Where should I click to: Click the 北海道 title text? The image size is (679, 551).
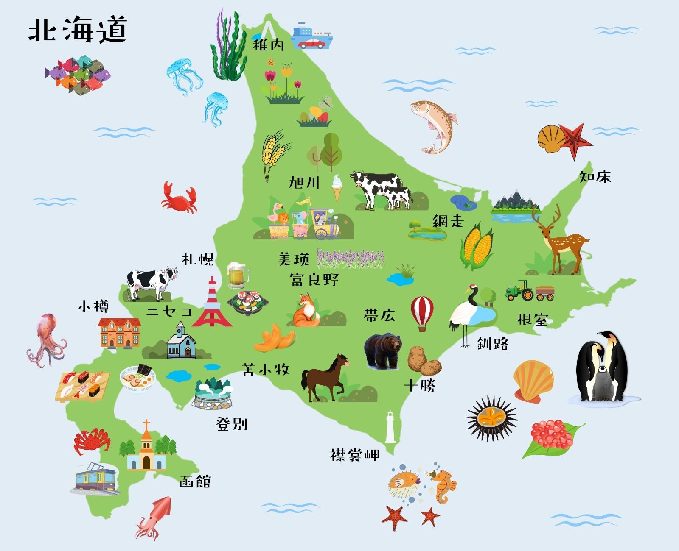(78, 30)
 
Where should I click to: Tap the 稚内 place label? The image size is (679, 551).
(268, 45)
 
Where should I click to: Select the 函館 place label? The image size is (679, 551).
(195, 481)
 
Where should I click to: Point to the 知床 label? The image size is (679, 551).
(595, 176)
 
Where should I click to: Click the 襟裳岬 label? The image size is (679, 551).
(355, 455)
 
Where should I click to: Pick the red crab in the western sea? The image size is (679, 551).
(179, 197)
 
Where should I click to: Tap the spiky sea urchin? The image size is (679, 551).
(491, 418)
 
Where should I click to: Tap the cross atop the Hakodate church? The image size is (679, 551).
(146, 424)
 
